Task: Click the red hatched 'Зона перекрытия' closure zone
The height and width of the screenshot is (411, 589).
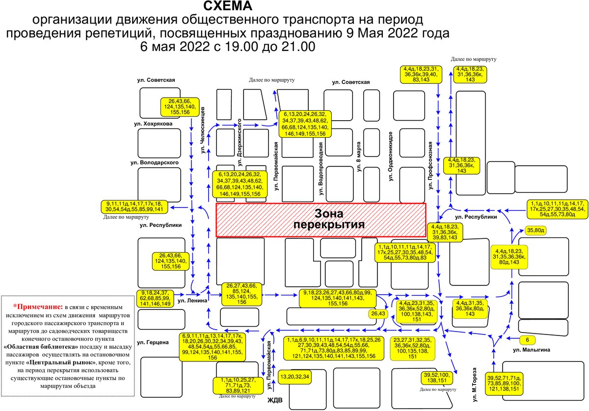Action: (321, 220)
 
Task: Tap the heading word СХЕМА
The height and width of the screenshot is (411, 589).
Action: (228, 6)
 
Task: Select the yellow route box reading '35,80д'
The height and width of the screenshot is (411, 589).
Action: (535, 231)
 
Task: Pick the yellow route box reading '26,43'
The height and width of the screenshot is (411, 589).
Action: (378, 313)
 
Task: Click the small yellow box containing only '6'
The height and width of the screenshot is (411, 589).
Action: (527, 340)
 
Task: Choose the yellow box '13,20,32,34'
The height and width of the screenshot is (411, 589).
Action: (295, 377)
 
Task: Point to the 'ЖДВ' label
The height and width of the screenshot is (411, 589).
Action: (275, 400)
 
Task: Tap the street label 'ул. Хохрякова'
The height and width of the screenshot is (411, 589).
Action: (153, 124)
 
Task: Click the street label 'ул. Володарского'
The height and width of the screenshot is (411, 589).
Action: (154, 163)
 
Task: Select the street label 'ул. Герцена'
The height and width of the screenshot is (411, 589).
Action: (153, 342)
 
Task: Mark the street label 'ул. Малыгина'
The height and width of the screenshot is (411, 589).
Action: (532, 350)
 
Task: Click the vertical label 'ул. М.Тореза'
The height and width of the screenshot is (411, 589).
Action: (474, 385)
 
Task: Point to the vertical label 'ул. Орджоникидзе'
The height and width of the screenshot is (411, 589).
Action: (391, 156)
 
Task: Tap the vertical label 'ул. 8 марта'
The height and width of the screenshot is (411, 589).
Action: (359, 157)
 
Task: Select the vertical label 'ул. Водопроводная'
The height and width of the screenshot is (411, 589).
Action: (321, 169)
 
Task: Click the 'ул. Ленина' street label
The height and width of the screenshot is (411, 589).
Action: (192, 301)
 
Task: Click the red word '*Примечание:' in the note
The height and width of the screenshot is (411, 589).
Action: (38, 307)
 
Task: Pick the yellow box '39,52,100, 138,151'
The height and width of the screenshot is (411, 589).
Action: (436, 377)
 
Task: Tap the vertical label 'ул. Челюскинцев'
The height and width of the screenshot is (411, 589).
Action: (202, 130)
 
